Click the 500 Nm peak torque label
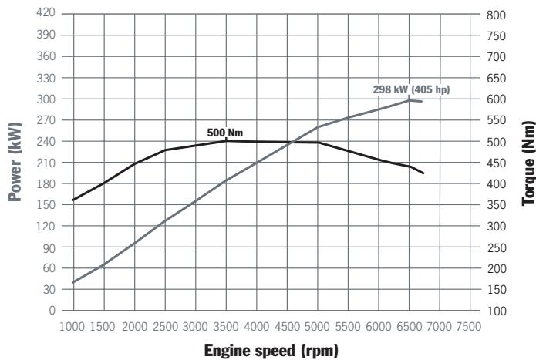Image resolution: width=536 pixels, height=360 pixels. (225, 133)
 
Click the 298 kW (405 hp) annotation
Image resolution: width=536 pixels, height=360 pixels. (411, 89)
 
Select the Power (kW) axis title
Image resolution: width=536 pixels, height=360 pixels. (14, 163)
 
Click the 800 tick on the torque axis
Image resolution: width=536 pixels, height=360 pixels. (497, 15)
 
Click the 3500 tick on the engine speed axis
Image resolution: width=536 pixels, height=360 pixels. (225, 326)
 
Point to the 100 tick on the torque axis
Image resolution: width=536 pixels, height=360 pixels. (497, 310)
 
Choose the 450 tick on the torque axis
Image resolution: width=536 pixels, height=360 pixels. (497, 163)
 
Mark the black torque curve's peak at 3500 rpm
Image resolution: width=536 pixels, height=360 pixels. (225, 140)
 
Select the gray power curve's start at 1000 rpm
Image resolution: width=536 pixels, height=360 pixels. (73, 282)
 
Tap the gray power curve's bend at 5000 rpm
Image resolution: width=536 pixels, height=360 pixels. (317, 127)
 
